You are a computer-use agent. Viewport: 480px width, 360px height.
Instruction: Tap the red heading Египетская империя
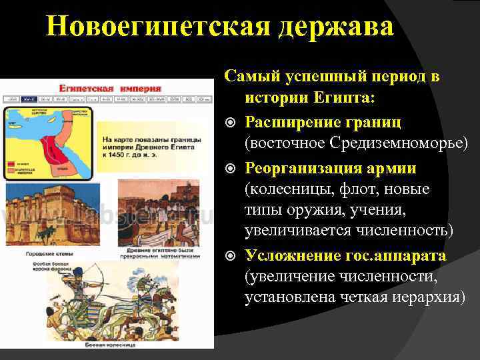(x=110, y=87)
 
